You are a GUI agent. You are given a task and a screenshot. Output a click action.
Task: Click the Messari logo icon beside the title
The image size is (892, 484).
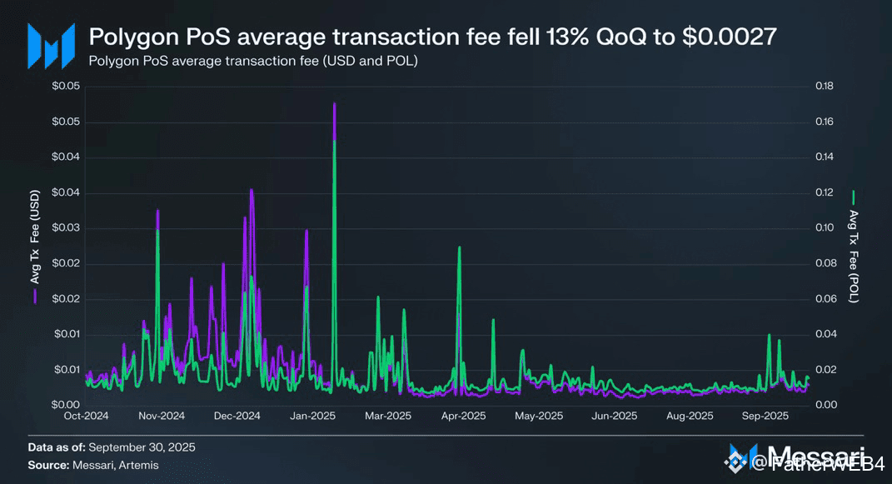(46, 46)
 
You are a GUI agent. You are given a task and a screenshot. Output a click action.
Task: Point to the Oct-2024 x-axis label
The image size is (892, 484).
(86, 416)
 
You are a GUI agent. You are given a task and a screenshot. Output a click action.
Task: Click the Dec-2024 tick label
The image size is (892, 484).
(237, 416)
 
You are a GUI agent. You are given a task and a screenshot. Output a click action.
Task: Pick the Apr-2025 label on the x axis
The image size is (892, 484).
(463, 416)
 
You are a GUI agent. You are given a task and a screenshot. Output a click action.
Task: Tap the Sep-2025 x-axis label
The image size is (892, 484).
(765, 416)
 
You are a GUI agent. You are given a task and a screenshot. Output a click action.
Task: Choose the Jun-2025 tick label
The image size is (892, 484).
(614, 416)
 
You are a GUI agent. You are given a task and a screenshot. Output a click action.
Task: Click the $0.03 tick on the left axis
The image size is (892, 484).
(65, 228)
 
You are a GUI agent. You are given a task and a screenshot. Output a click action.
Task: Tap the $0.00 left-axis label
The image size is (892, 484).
(65, 405)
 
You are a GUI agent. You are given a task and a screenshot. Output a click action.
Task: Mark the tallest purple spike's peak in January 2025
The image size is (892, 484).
(334, 103)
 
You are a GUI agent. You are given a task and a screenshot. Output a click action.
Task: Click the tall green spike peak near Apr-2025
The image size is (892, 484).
(459, 247)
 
